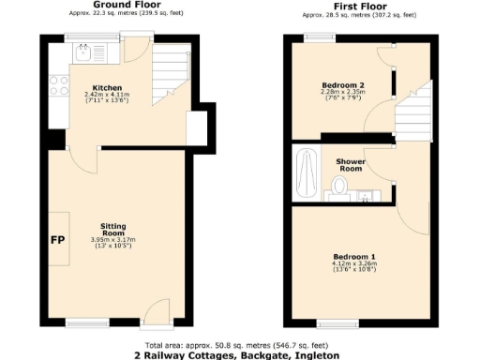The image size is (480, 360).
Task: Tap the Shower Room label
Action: click(x=351, y=165)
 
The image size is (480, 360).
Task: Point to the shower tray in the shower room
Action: click(x=306, y=173)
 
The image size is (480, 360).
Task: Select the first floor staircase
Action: click(x=412, y=107)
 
